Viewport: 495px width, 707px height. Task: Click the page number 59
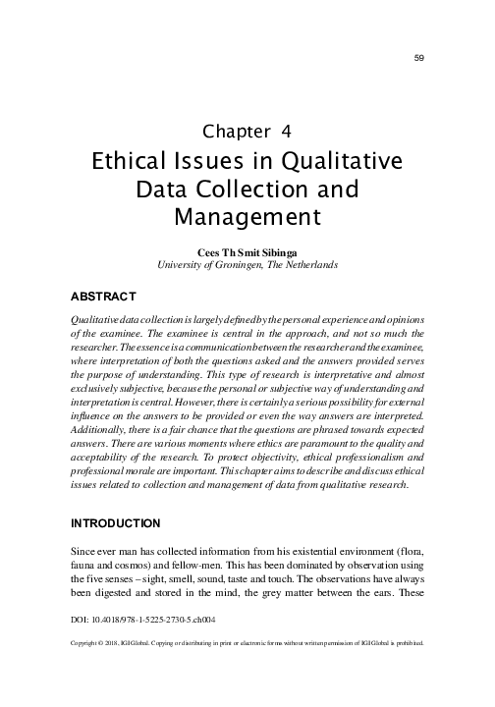pyautogui.click(x=418, y=59)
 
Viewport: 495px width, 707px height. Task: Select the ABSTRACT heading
pyautogui.click(x=103, y=295)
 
